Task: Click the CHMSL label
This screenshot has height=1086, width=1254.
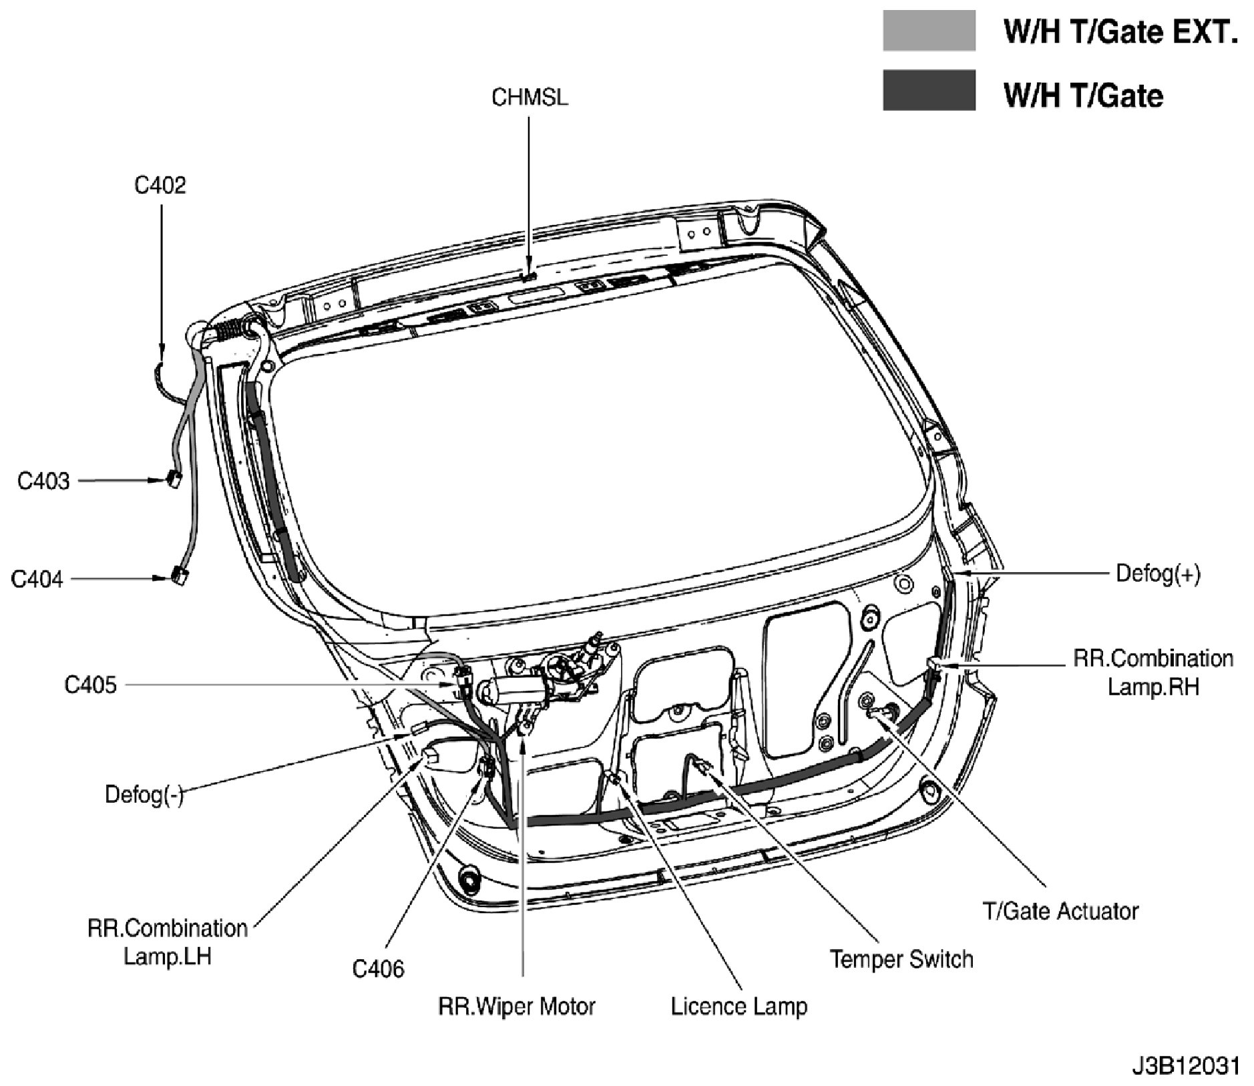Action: coord(530,98)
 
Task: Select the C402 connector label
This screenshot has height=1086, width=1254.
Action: coord(160,185)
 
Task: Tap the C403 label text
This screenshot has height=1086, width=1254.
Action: coord(43,481)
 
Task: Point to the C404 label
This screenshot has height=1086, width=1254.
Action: coord(37,578)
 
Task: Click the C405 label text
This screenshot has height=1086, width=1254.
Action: coord(90,685)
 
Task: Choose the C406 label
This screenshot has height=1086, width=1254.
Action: coord(379,968)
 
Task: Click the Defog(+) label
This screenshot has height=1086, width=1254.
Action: coord(1159,573)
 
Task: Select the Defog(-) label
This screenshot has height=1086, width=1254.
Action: coord(144,795)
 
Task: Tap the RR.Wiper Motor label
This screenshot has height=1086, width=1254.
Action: coord(517,1006)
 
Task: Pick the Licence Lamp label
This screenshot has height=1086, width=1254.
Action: coord(739,1006)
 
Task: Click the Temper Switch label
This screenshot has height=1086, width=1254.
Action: coord(901,959)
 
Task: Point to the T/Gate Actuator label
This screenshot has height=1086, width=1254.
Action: coord(1061,911)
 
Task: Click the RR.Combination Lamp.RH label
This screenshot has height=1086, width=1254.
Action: coord(1153,673)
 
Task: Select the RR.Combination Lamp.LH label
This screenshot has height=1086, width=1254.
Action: coord(168,942)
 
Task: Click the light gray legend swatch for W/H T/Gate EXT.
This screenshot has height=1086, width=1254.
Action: coord(929,30)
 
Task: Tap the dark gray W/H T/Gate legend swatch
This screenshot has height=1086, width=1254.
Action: coord(929,89)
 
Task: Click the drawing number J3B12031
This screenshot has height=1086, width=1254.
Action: coord(1185,1065)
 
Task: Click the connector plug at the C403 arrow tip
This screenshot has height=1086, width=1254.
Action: coord(174,479)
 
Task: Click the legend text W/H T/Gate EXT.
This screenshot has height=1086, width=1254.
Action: coord(1121,31)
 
